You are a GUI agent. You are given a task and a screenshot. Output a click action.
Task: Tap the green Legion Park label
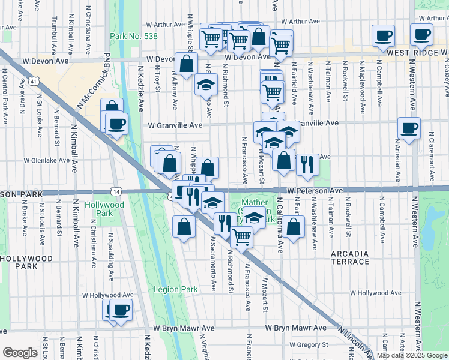coord(175,289)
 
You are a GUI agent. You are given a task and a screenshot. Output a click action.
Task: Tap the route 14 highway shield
coord(116,191)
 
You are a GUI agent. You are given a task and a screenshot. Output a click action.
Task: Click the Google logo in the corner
coord(20,353)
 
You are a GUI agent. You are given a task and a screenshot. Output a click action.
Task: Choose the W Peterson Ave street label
coord(315,190)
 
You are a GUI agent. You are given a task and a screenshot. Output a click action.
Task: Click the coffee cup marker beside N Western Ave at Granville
coord(409,128)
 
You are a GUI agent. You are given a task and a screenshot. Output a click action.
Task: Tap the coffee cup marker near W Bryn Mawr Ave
coord(121,310)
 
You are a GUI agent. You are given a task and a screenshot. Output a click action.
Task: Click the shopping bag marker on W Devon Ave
coord(187,63)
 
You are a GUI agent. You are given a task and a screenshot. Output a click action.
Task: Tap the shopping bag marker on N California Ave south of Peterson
coord(293,227)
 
